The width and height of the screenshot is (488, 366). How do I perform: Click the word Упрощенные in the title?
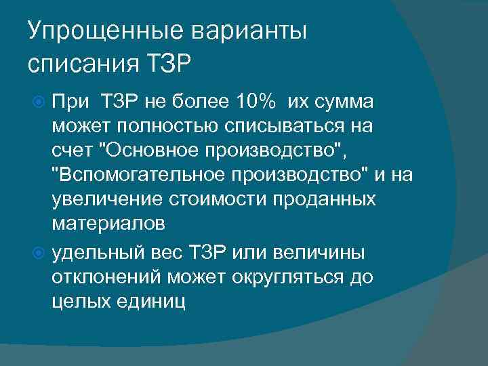tap(100, 32)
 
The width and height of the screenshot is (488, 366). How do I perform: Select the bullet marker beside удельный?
tap(39, 253)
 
